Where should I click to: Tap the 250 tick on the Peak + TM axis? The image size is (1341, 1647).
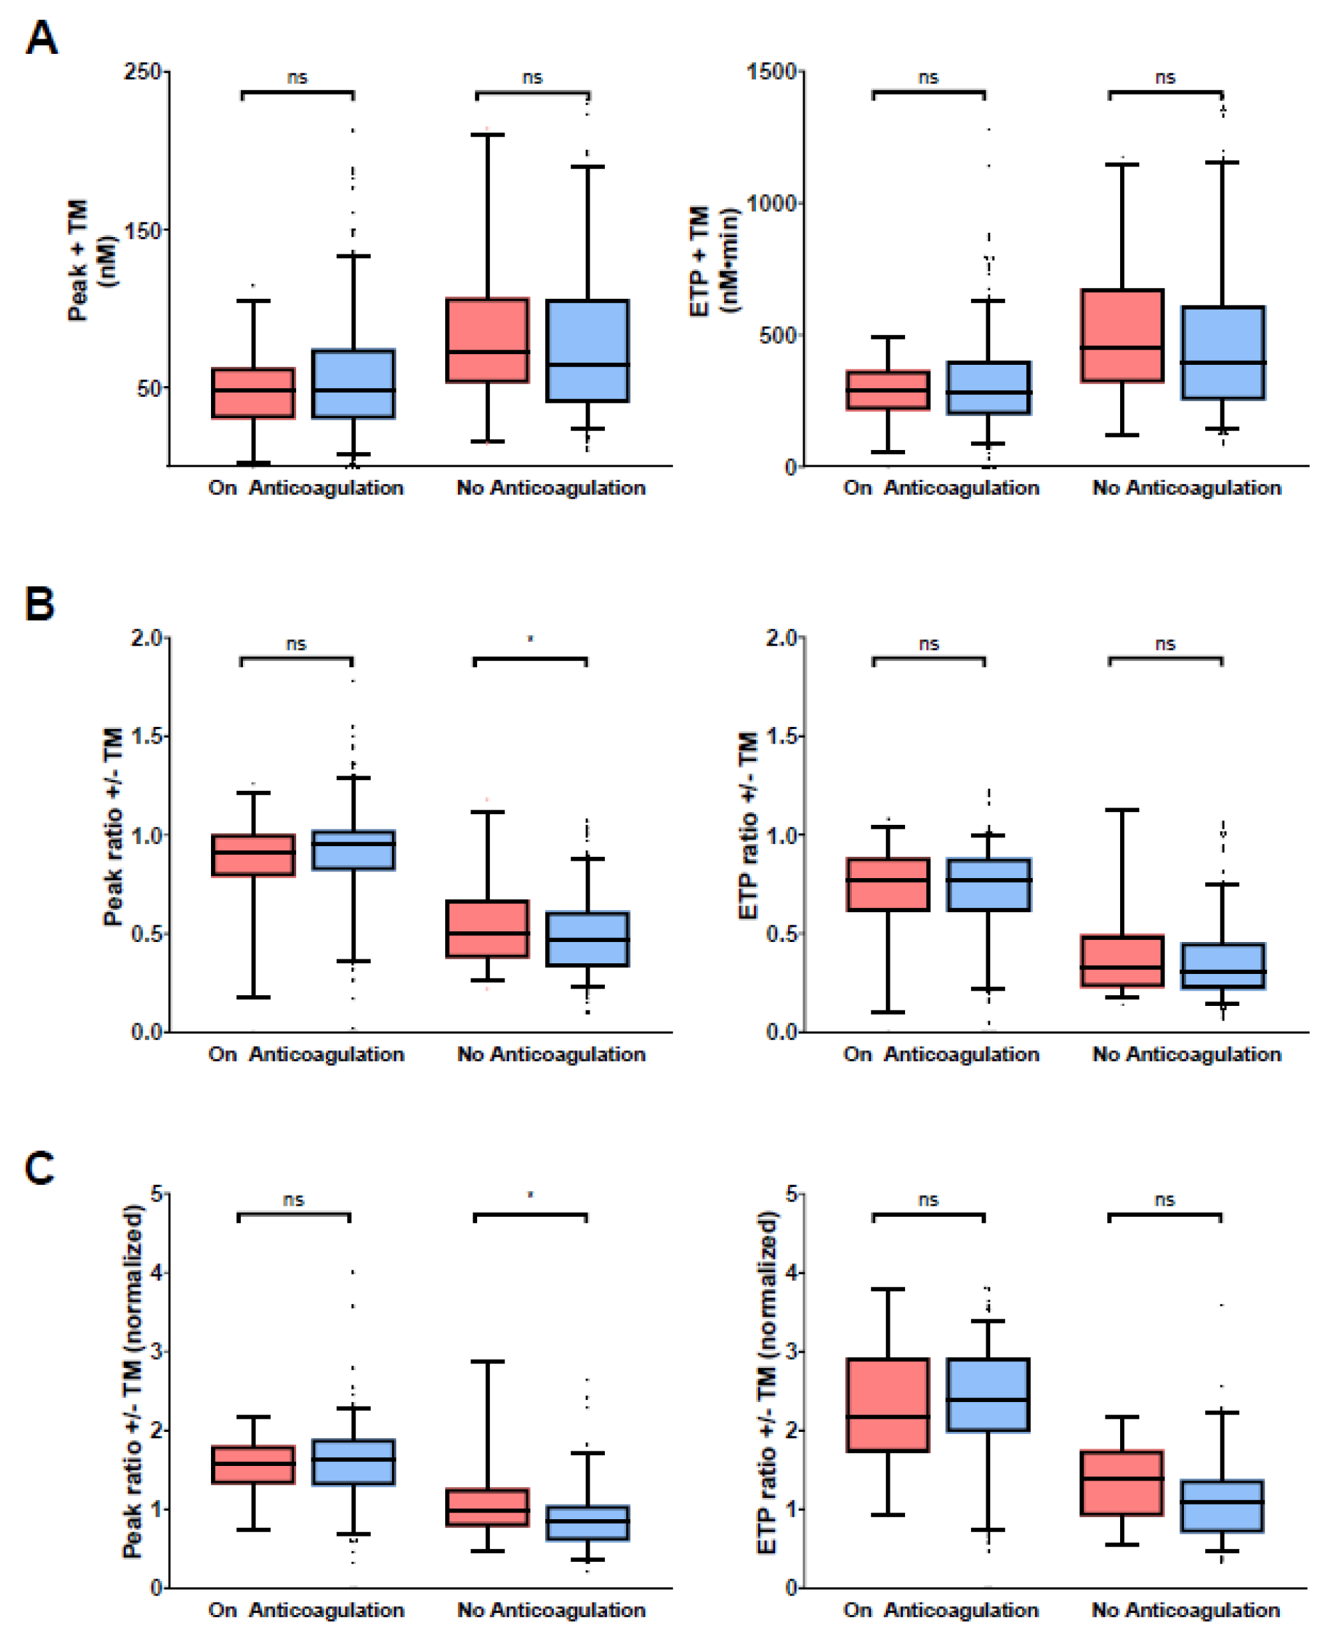pyautogui.click(x=142, y=72)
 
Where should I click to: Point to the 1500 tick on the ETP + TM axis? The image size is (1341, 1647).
pyautogui.click(x=772, y=72)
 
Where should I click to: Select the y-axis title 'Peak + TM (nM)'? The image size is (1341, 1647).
pyautogui.click(x=91, y=260)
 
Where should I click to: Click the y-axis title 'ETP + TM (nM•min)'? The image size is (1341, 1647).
pyautogui.click(x=713, y=260)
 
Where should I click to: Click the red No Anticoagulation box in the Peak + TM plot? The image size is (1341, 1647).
pyautogui.click(x=487, y=340)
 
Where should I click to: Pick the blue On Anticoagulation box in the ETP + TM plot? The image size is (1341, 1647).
pyautogui.click(x=988, y=388)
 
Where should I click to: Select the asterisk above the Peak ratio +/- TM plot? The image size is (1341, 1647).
pyautogui.click(x=530, y=639)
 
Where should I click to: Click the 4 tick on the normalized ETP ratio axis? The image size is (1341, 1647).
pyautogui.click(x=790, y=1272)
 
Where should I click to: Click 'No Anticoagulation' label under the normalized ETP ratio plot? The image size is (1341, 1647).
pyautogui.click(x=1186, y=1610)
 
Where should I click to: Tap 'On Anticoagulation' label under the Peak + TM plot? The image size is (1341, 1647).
pyautogui.click(x=306, y=487)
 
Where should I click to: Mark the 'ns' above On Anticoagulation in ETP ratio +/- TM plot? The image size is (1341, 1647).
pyautogui.click(x=928, y=644)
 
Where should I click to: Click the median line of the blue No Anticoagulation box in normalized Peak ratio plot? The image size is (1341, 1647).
pyautogui.click(x=588, y=1521)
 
